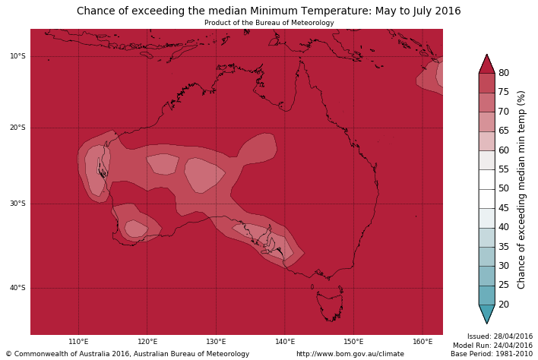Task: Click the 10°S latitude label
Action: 17,56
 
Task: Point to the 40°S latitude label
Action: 17,288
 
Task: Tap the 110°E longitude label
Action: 78,342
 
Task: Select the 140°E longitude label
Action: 285,342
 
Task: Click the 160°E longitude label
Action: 422,342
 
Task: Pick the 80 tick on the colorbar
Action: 503,73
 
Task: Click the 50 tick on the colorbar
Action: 503,188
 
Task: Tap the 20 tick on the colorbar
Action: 503,305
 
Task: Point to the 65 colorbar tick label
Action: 503,131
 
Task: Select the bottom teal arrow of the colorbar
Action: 486,314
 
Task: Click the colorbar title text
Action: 521,189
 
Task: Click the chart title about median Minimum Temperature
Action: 268,11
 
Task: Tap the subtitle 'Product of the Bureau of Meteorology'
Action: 269,23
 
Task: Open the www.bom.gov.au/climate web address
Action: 350,354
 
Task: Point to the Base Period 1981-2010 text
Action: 491,354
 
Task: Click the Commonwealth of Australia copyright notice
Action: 128,354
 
